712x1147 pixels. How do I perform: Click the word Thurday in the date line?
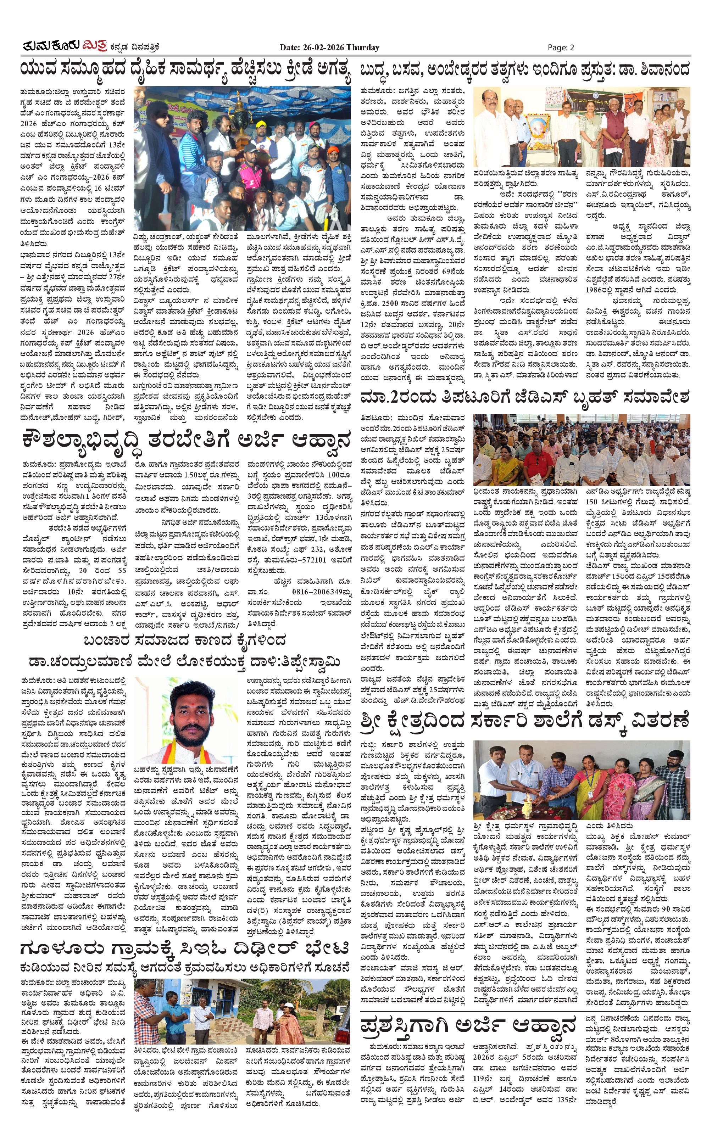(363, 47)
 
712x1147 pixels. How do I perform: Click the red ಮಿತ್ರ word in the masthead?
(94, 46)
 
